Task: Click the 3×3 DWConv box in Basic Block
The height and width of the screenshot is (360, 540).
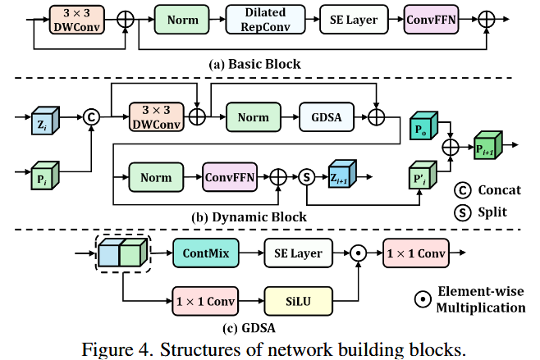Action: point(76,19)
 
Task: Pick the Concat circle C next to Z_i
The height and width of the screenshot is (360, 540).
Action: point(92,117)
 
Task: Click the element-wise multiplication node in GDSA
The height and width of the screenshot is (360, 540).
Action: point(357,254)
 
